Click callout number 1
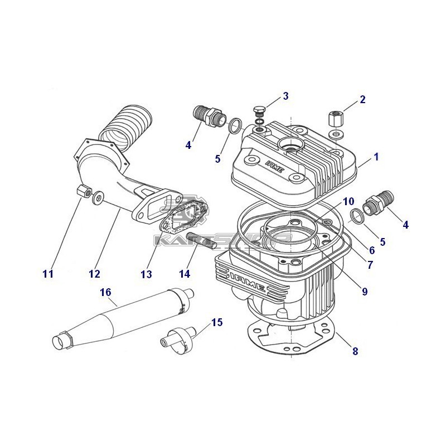[x=376, y=157]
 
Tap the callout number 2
[x=363, y=100]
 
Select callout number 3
[x=285, y=96]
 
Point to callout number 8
[x=355, y=351]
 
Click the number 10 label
[x=348, y=201]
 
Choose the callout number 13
[x=146, y=274]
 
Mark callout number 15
[x=217, y=322]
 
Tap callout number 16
[x=105, y=292]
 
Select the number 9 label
[x=365, y=291]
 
